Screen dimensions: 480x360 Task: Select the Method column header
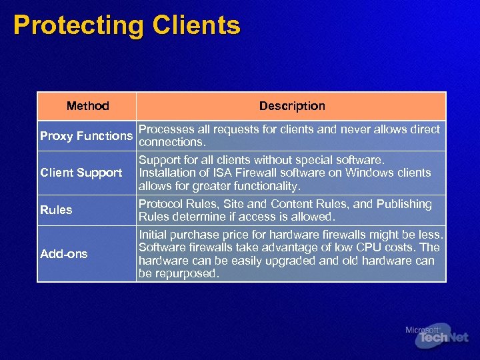pyautogui.click(x=87, y=106)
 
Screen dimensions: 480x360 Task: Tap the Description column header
pyautogui.click(x=292, y=106)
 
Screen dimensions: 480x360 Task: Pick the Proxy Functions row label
pyautogui.click(x=86, y=136)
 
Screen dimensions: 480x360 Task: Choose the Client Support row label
pyautogui.click(x=81, y=173)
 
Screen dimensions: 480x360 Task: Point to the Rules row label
pyautogui.click(x=56, y=210)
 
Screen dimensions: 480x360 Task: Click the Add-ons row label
pyautogui.click(x=64, y=254)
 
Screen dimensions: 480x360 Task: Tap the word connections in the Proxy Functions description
pyautogui.click(x=170, y=143)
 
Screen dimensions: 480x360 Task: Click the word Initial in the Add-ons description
pyautogui.click(x=153, y=235)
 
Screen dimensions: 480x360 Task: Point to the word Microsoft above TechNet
pyautogui.click(x=422, y=329)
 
